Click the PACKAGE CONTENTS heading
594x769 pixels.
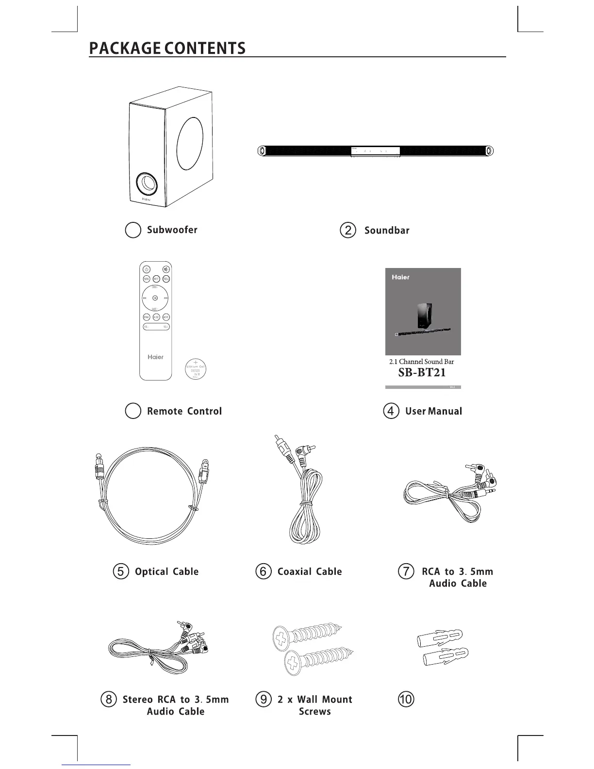pyautogui.click(x=167, y=49)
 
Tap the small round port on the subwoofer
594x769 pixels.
pyautogui.click(x=147, y=184)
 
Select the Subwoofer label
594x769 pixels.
pyautogui.click(x=172, y=230)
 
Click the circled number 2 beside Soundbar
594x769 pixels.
pyautogui.click(x=348, y=230)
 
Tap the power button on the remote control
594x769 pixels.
pyautogui.click(x=146, y=269)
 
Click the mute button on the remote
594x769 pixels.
pyautogui.click(x=166, y=269)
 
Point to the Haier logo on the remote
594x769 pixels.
pyautogui.click(x=156, y=357)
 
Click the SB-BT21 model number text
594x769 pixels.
pyautogui.click(x=422, y=373)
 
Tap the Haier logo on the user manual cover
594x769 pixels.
pyautogui.click(x=401, y=277)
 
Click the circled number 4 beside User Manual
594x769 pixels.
pyautogui.click(x=391, y=411)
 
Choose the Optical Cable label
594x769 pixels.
pyautogui.click(x=166, y=572)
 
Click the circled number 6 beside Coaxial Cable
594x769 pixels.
pyautogui.click(x=263, y=571)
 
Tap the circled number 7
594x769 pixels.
pyautogui.click(x=406, y=571)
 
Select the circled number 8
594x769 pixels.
pyautogui.click(x=109, y=700)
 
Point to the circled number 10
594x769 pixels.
pyautogui.click(x=406, y=700)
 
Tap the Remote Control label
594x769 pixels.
pyautogui.click(x=184, y=411)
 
